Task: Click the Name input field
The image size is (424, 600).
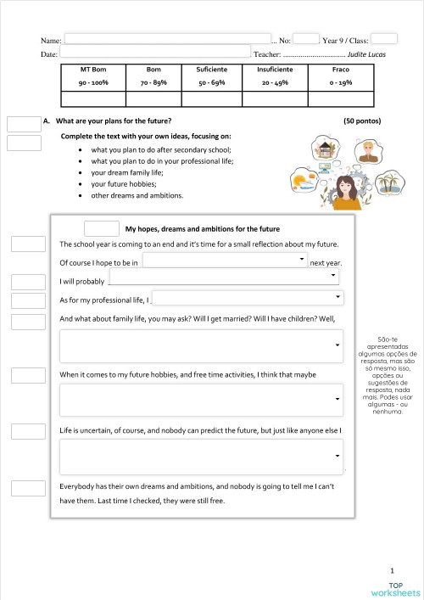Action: point(167,39)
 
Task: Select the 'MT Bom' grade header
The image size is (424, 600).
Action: point(92,69)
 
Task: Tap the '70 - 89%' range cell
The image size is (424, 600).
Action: point(153,83)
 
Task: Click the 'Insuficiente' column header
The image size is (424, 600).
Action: point(275,69)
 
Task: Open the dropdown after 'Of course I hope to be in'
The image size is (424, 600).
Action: point(225,261)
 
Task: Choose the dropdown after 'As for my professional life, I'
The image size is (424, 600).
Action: point(248,298)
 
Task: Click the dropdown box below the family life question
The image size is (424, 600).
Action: point(202,345)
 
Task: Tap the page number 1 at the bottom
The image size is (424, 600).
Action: point(392,572)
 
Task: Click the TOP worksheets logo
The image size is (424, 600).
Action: point(396,588)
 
